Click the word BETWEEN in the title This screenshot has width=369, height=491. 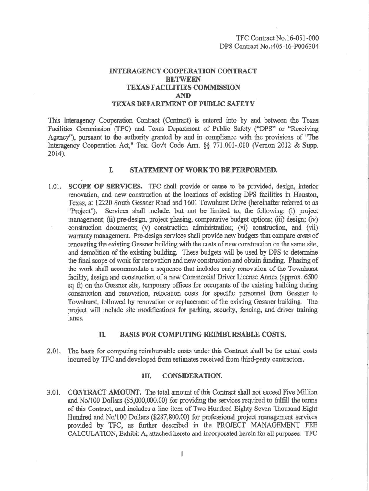tap(183, 79)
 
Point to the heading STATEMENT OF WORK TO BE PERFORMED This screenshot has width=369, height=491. tap(197, 169)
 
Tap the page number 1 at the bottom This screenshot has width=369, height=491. tap(183, 454)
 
